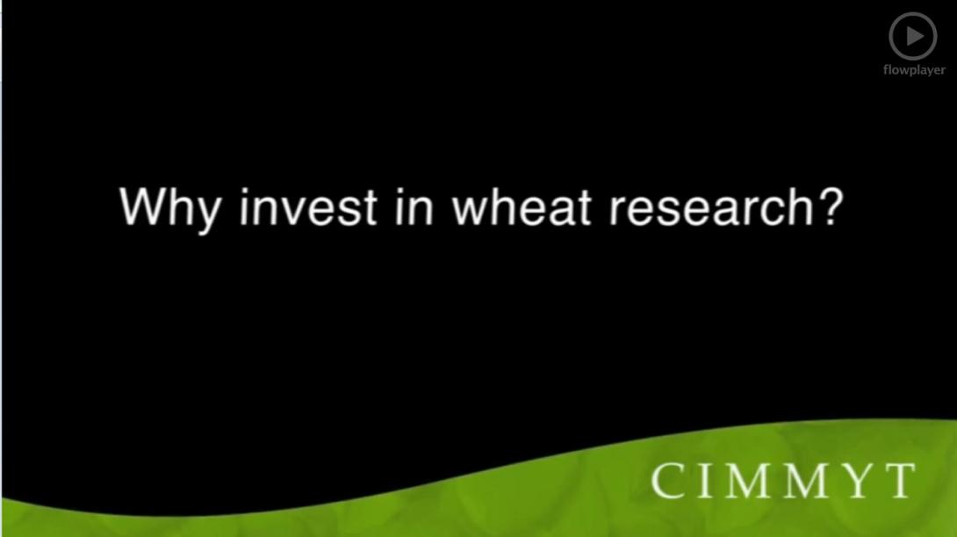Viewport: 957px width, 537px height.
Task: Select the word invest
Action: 307,207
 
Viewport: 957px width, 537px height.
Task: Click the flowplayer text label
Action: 913,70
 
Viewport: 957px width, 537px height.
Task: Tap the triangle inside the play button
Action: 914,36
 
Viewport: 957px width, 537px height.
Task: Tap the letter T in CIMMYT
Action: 896,481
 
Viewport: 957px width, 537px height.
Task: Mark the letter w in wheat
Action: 469,211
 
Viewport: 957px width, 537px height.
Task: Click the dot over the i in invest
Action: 245,190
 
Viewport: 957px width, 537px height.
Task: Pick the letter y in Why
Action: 204,214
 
